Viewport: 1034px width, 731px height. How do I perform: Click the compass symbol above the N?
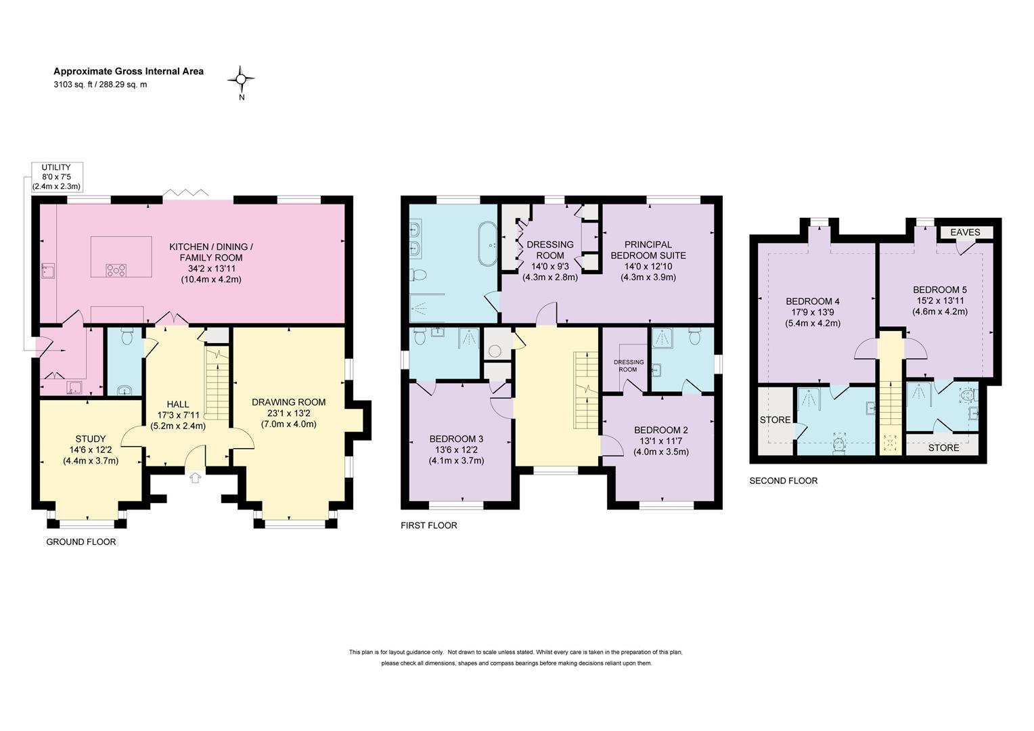coord(241,79)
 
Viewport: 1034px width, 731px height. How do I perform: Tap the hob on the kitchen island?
coord(116,269)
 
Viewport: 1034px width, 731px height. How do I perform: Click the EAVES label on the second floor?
coord(965,232)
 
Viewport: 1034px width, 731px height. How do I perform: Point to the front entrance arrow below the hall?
coord(196,477)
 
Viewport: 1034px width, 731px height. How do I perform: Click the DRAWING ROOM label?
coord(288,402)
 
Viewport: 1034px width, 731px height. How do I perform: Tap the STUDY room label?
coord(91,439)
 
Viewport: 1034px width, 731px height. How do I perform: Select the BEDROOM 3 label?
coord(456,439)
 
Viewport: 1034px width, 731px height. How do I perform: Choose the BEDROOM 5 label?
coord(940,290)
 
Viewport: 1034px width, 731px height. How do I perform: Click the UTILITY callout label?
coord(56,167)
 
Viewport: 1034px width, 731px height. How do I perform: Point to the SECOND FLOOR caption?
coord(784,481)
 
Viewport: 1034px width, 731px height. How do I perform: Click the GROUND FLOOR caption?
coord(81,541)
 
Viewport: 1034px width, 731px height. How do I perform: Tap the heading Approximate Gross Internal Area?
coord(129,71)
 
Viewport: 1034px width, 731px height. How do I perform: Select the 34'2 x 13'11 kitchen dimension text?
coord(210,268)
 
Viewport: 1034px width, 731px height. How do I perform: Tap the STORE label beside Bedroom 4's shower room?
coord(775,420)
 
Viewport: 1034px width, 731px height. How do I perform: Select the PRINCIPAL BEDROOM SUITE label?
coord(648,250)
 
